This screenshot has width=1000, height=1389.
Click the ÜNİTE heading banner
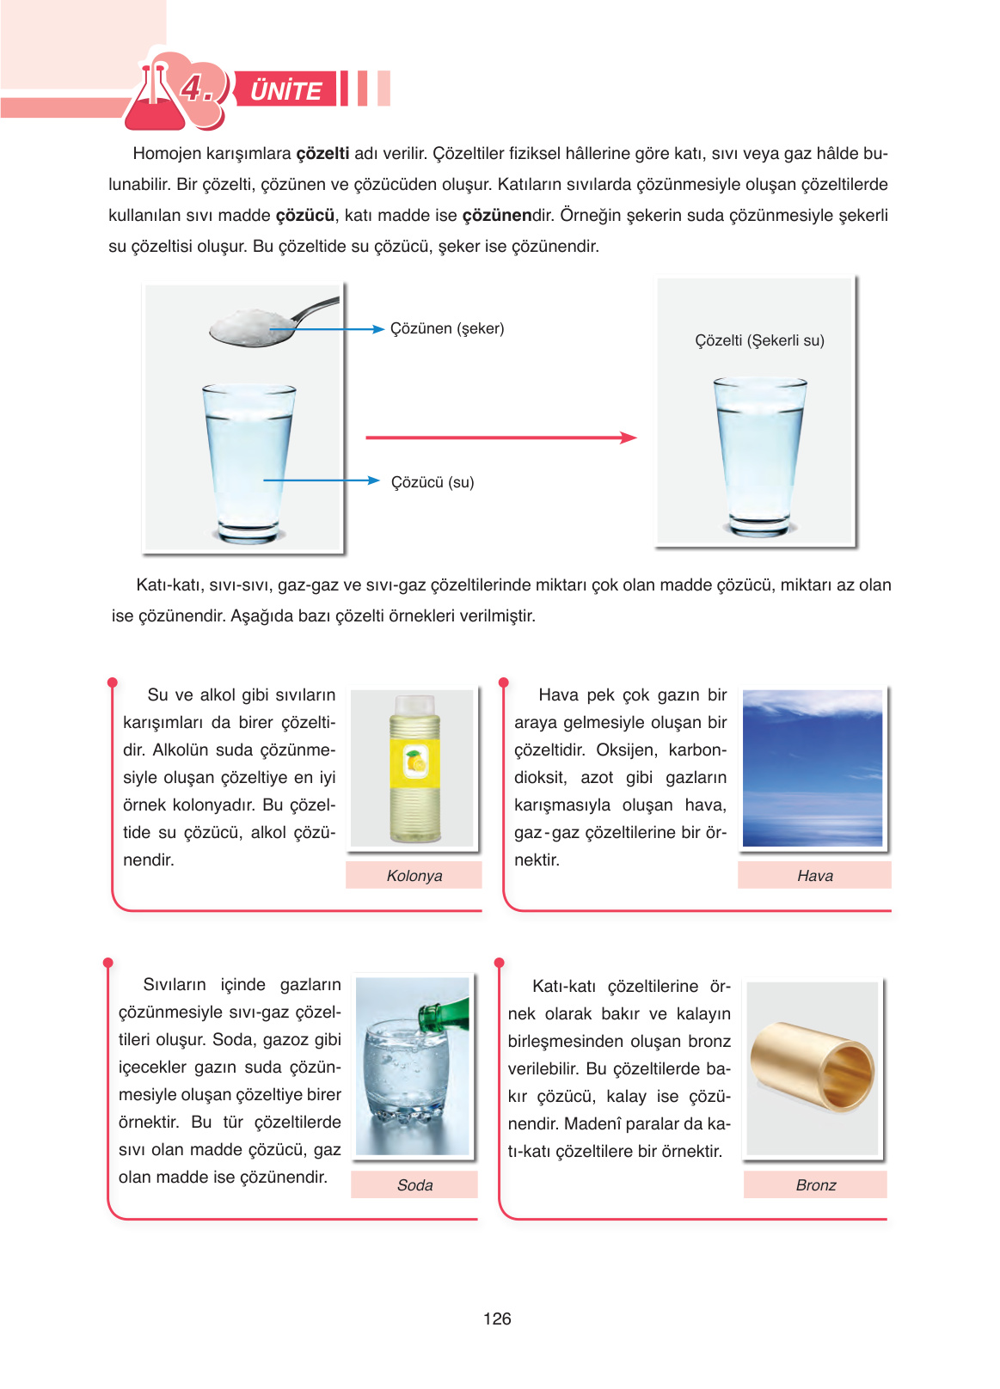(285, 89)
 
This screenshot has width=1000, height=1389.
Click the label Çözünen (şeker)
(447, 328)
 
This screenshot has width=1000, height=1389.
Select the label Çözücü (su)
(433, 482)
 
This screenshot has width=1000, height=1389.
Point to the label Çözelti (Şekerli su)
(759, 340)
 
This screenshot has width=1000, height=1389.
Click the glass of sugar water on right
(759, 456)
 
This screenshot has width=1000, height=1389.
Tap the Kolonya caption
(414, 876)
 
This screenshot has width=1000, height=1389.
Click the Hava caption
(814, 876)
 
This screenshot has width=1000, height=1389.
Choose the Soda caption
(414, 1185)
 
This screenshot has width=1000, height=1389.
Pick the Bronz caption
(815, 1185)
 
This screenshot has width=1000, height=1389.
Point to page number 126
(497, 1319)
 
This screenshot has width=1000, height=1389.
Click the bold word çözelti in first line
(322, 154)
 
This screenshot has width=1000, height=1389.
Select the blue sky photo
(813, 768)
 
